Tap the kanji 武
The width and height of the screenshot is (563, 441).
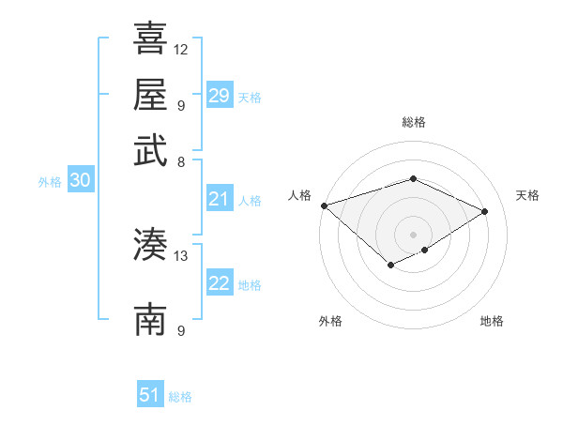[x=150, y=149]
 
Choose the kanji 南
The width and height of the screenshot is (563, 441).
[x=150, y=319]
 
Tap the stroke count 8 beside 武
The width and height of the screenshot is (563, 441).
[x=180, y=160]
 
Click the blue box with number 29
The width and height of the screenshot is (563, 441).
[x=219, y=96]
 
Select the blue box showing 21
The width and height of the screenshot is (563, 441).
[x=219, y=199]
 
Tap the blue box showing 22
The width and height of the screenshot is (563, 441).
[x=219, y=283]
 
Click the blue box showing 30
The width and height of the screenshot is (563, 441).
[x=80, y=181]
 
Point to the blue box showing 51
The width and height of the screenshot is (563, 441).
[x=150, y=395]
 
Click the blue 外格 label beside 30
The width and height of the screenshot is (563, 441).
[x=50, y=182]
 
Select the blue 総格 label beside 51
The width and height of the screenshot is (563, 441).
[x=180, y=397]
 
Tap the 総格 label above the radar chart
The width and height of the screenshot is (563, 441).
[x=413, y=122]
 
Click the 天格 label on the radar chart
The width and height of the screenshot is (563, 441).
[x=527, y=195]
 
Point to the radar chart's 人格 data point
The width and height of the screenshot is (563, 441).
[x=324, y=205]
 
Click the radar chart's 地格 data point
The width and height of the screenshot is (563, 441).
[x=425, y=250]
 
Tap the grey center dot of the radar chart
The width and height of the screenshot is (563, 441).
[x=413, y=234]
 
